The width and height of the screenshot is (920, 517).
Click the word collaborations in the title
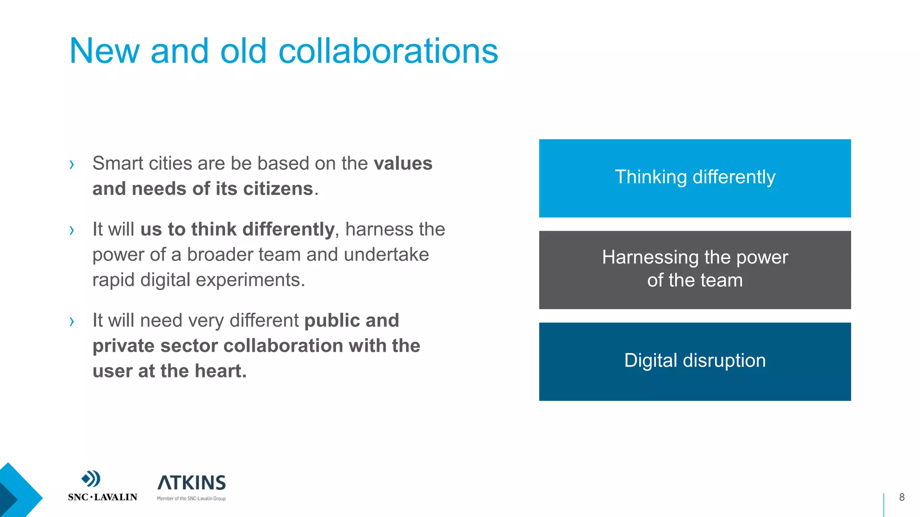(388, 51)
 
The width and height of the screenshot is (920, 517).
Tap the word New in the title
(104, 51)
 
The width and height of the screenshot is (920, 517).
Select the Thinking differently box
(694, 178)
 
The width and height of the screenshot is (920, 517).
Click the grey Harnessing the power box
(694, 270)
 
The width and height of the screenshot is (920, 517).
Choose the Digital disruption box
(694, 361)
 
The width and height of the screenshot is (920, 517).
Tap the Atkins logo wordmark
(192, 483)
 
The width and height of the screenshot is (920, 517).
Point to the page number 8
(902, 497)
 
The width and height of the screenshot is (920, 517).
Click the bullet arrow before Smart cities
(72, 164)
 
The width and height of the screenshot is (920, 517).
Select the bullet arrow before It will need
(72, 321)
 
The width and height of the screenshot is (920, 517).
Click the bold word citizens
(278, 189)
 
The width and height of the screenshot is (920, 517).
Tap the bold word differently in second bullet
(288, 229)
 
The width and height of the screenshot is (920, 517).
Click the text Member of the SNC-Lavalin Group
(191, 499)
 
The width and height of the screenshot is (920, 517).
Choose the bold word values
(403, 163)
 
